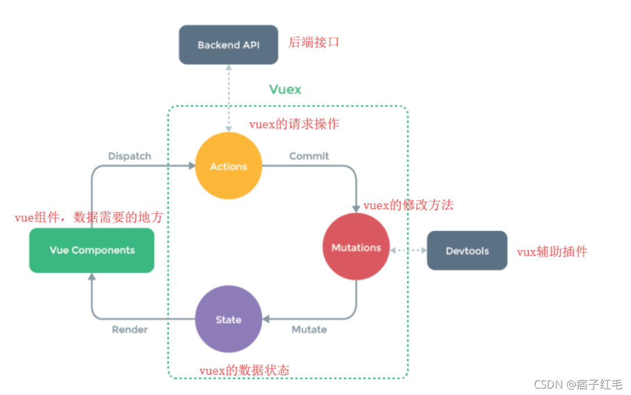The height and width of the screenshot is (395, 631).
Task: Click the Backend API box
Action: tap(228, 45)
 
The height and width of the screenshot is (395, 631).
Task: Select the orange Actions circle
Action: tap(228, 167)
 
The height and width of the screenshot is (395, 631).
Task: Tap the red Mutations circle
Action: tap(356, 248)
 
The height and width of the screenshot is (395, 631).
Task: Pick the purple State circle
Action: tap(228, 319)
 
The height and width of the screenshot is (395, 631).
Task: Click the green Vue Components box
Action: tap(92, 251)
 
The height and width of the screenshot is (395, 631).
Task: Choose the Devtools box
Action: tap(467, 251)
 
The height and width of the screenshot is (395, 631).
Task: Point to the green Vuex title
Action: tap(285, 89)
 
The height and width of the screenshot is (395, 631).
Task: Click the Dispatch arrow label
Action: tap(129, 156)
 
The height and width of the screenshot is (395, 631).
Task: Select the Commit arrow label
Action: tap(309, 156)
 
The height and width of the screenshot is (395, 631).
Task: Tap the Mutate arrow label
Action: tap(309, 330)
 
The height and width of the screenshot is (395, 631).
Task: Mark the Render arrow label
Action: tap(129, 330)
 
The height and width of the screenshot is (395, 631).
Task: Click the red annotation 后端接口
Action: tap(313, 43)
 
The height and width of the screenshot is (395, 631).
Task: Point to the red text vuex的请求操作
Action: tap(294, 124)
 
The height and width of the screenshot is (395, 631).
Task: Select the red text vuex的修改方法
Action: tap(408, 205)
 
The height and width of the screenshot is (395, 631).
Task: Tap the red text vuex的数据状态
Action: tap(244, 371)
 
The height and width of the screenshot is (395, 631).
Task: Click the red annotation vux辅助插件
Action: tap(552, 252)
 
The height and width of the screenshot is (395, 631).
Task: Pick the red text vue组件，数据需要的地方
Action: tap(89, 218)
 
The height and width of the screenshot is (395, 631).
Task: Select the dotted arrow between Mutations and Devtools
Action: tap(408, 250)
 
